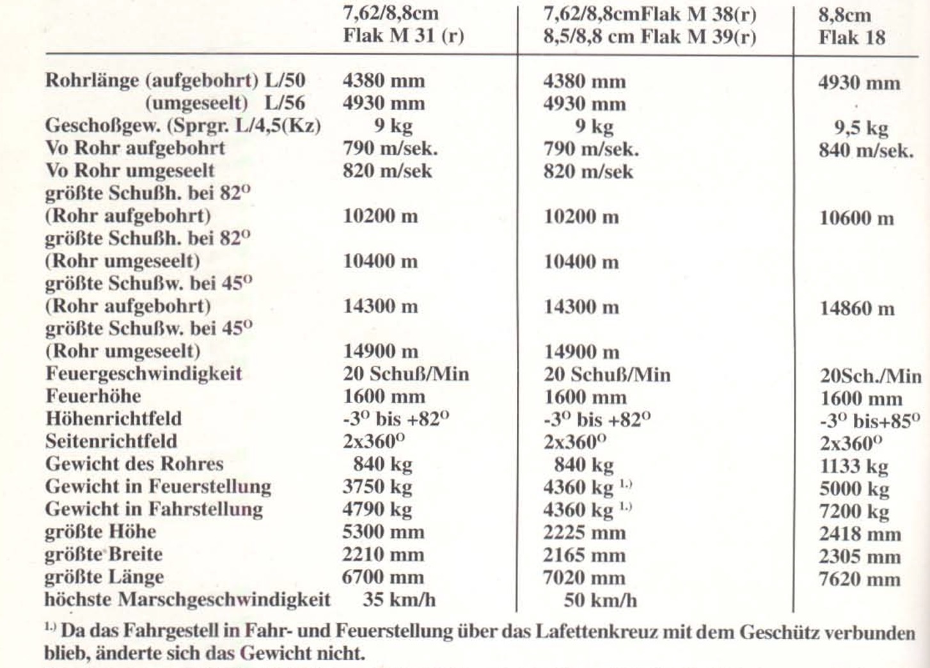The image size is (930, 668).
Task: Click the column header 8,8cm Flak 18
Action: click(852, 26)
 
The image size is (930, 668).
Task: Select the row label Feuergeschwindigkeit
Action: click(143, 374)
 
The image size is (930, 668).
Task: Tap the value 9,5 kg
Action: click(861, 128)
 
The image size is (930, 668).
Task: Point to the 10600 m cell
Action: click(856, 218)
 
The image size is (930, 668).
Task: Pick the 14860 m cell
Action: click(856, 309)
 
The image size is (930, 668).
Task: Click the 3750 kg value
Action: click(377, 487)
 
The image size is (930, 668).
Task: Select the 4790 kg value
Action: click(377, 510)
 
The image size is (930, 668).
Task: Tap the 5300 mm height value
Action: click(383, 532)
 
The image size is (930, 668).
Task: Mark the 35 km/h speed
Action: click(399, 600)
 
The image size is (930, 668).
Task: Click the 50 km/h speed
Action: click(600, 600)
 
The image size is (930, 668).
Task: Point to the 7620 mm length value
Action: click(860, 580)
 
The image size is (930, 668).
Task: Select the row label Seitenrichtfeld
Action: click(111, 441)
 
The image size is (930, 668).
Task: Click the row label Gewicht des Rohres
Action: click(134, 464)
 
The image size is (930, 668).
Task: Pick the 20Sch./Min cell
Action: click(871, 376)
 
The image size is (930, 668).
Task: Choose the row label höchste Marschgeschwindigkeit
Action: click(187, 600)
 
